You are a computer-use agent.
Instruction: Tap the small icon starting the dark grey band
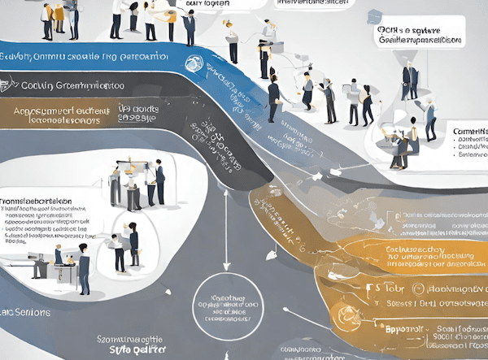[x=8, y=82]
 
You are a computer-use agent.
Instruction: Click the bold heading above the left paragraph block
[x=37, y=201]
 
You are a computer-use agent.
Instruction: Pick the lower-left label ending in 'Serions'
[x=26, y=313]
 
